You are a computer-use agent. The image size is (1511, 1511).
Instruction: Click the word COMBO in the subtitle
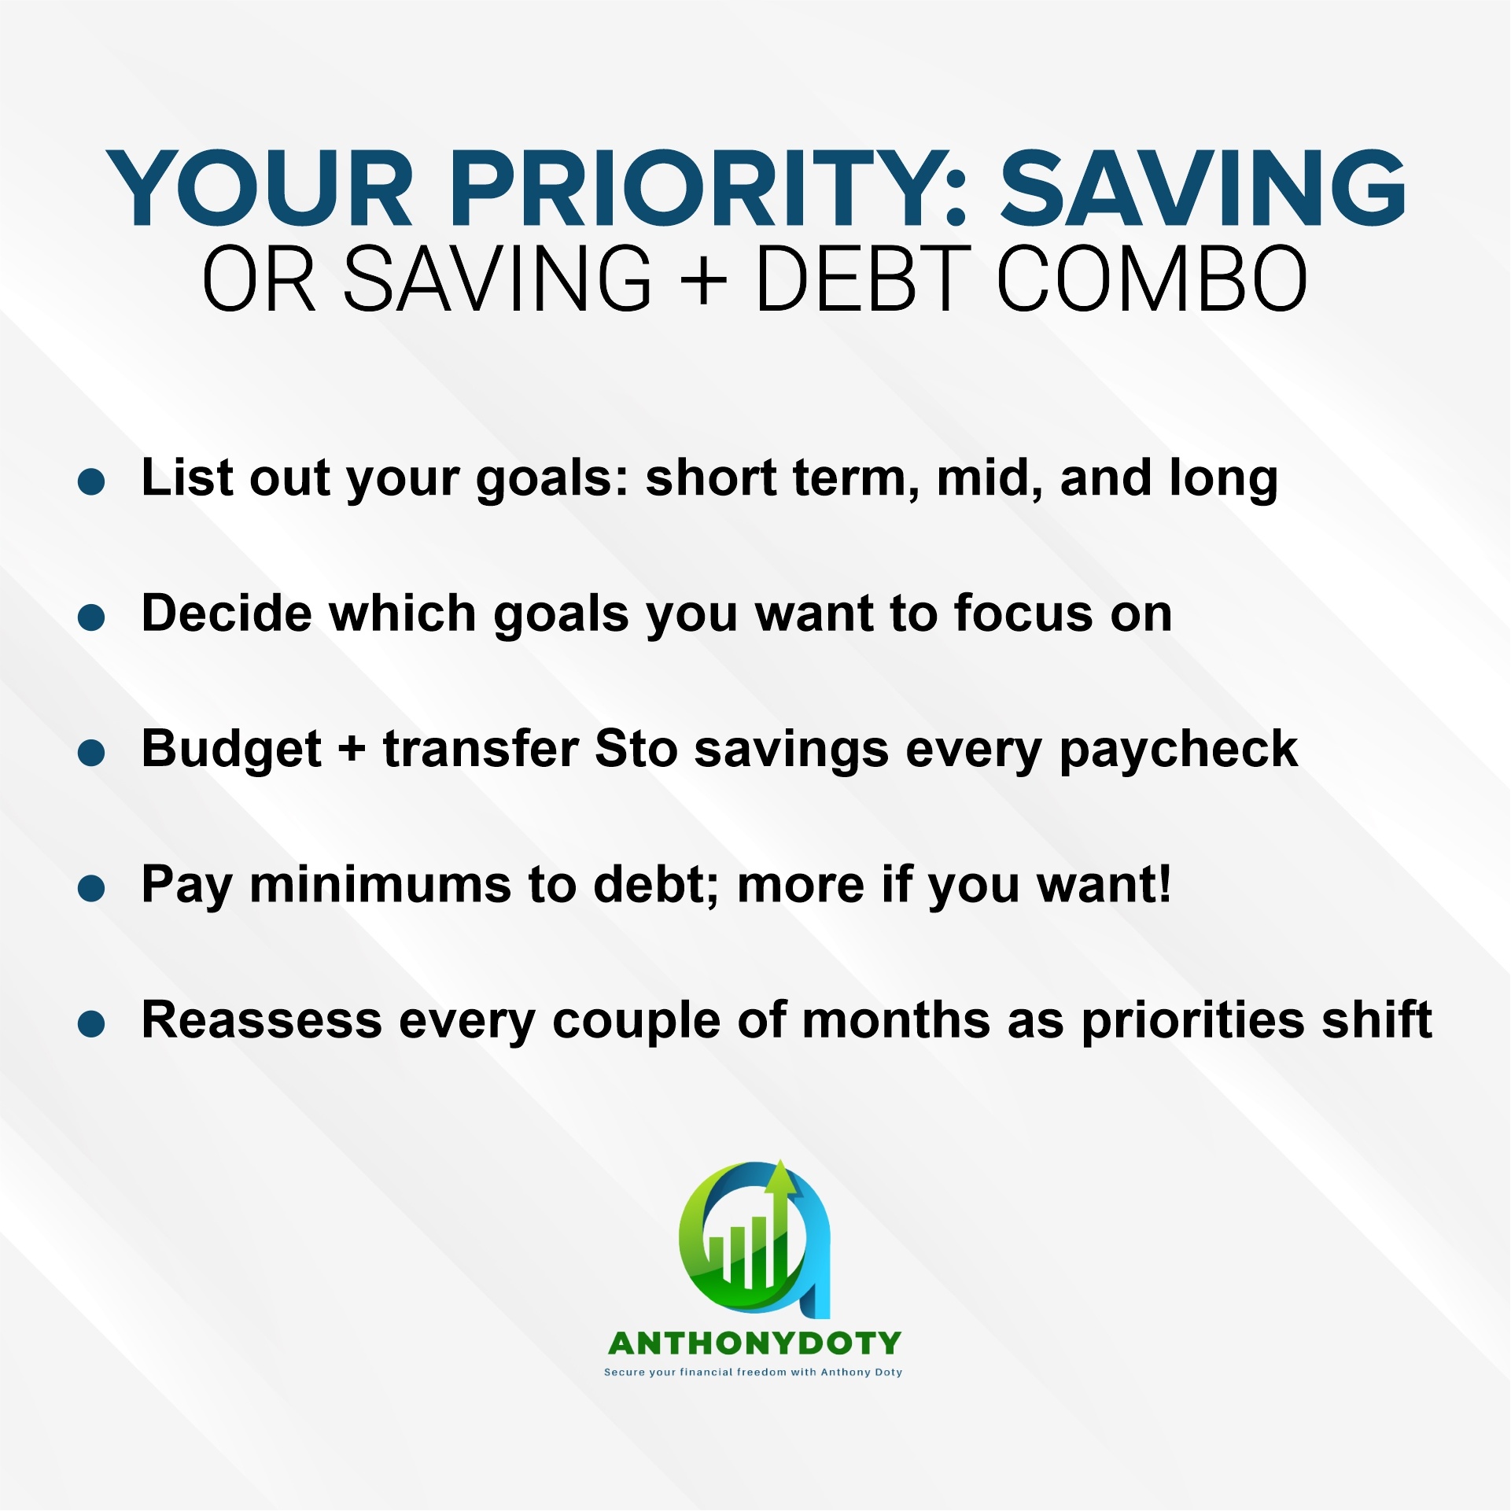(x=1152, y=278)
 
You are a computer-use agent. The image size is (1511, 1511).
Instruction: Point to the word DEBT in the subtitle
(x=861, y=278)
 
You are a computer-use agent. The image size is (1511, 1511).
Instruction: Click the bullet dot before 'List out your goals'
(x=91, y=481)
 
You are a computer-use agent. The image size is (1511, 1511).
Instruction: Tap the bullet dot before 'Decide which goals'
(x=91, y=617)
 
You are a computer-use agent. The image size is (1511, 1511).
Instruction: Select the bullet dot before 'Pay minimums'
(x=91, y=889)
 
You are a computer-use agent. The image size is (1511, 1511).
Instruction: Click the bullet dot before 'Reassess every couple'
(x=91, y=1024)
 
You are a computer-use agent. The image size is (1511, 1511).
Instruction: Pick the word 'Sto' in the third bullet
(x=636, y=748)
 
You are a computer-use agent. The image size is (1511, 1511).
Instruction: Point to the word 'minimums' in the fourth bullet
(x=381, y=885)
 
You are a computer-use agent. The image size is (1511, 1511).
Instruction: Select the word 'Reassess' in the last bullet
(x=262, y=1020)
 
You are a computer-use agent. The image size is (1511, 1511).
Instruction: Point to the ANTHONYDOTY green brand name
(x=755, y=1343)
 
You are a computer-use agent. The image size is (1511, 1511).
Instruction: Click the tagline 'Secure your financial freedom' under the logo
(x=695, y=1373)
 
